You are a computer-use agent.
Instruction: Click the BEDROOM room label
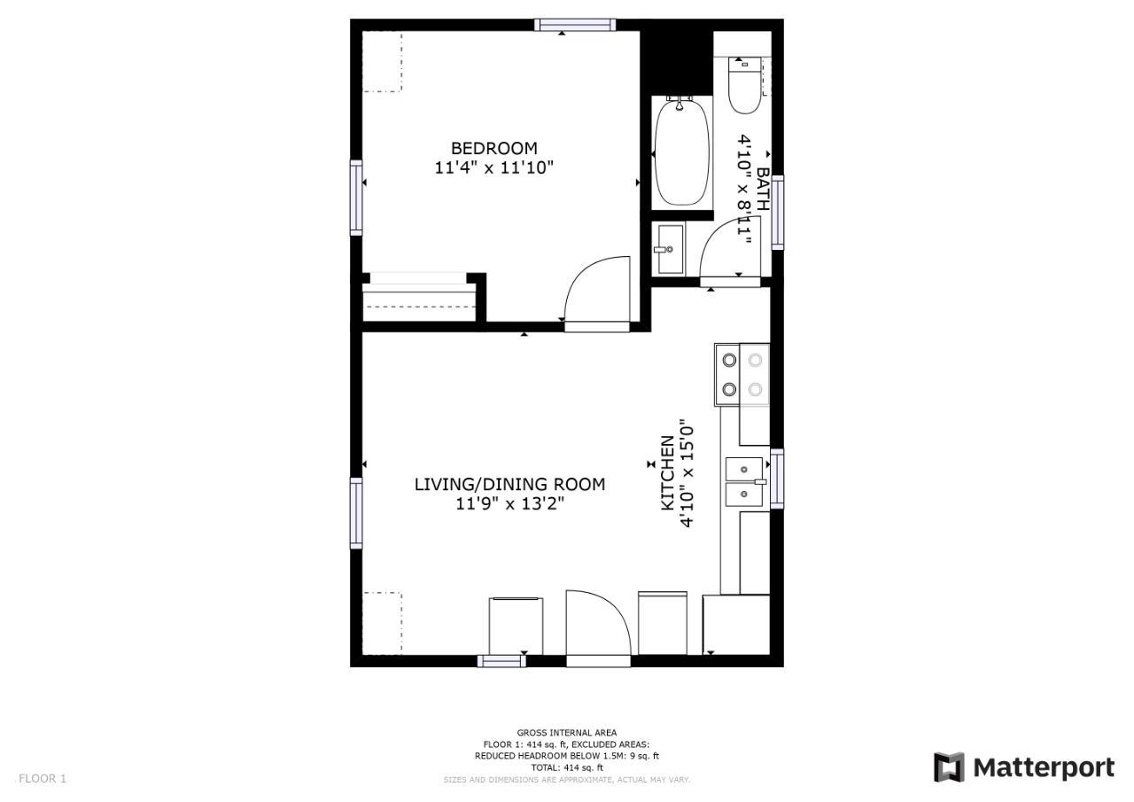tap(493, 148)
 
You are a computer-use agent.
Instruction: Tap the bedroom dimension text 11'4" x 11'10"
tap(493, 167)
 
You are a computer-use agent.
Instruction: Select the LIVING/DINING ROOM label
tap(509, 485)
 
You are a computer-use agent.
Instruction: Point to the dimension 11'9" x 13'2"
tap(509, 503)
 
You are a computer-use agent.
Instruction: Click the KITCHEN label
tap(668, 473)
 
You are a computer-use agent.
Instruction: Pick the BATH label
tap(762, 189)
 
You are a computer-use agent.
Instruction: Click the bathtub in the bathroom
tap(681, 152)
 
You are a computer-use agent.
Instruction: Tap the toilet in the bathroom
tap(745, 85)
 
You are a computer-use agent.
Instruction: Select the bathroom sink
tap(669, 249)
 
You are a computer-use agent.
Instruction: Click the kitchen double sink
tap(744, 482)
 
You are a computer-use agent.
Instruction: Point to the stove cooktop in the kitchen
tap(742, 375)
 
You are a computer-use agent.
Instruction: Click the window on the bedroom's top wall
tap(575, 24)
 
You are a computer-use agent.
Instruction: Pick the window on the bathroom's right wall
tap(778, 213)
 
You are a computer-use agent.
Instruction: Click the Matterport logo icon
tap(949, 767)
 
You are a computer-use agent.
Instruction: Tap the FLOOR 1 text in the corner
tap(43, 778)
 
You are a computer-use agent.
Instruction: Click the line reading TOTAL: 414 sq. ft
tap(567, 767)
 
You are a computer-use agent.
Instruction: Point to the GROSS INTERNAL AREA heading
tap(567, 733)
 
